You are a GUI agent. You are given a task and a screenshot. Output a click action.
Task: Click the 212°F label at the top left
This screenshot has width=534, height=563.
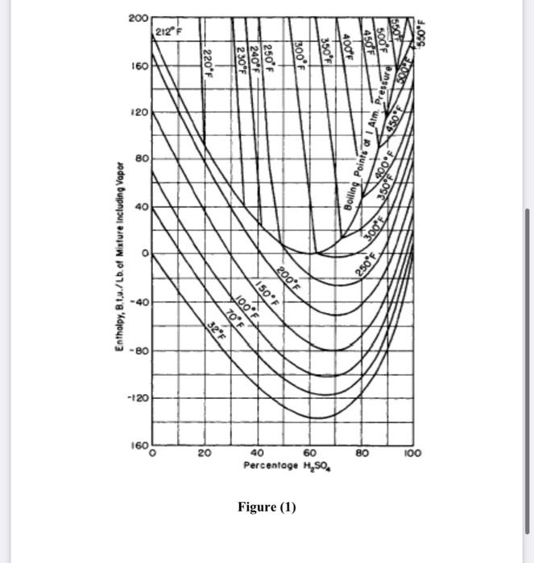click(169, 32)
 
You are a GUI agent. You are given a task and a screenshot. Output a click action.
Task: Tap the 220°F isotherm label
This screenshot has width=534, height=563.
click(207, 61)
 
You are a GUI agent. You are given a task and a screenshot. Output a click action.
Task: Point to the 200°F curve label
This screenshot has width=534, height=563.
click(288, 275)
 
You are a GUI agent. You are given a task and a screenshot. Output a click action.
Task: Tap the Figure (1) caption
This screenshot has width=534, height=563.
click(267, 508)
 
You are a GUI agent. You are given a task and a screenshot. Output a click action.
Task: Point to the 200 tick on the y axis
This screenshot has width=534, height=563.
click(138, 17)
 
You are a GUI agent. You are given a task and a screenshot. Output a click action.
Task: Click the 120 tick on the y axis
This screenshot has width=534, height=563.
click(138, 113)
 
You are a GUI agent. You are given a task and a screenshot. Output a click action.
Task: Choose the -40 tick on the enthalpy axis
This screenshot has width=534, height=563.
click(137, 302)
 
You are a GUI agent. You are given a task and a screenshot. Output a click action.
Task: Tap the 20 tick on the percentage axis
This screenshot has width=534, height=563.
click(205, 454)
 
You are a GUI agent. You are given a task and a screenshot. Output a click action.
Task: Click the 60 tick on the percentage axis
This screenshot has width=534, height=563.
click(310, 454)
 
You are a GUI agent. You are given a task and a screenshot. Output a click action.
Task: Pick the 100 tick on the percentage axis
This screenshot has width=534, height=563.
click(413, 454)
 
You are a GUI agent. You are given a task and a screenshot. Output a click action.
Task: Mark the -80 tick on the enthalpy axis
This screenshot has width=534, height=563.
click(137, 351)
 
